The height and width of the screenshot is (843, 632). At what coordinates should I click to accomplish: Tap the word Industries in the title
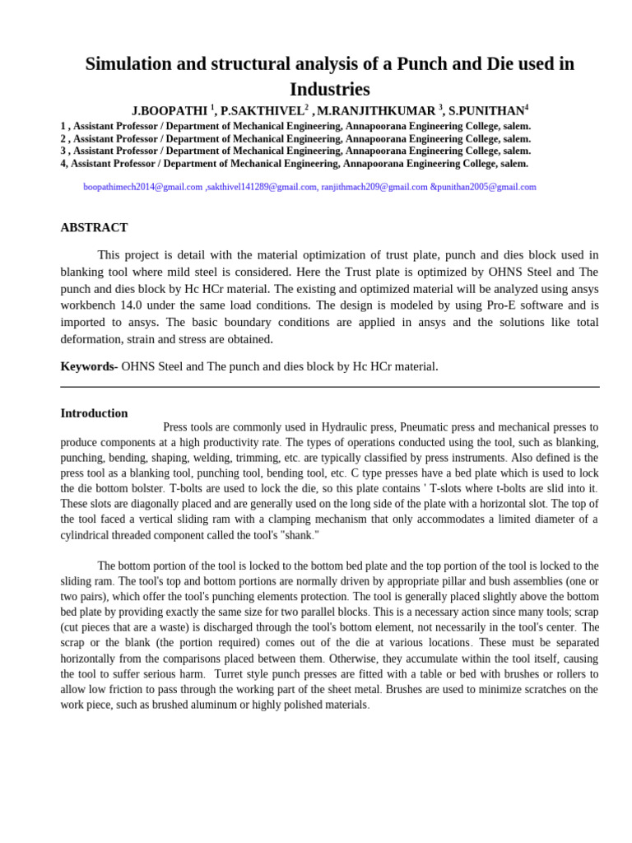(x=329, y=89)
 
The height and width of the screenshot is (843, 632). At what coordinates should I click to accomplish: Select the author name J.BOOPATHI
(x=170, y=111)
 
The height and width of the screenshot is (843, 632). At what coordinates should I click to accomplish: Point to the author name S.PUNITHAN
(x=486, y=111)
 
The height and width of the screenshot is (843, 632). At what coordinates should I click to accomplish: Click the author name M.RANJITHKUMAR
(x=376, y=111)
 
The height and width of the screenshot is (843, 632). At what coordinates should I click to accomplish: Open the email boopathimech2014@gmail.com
(x=142, y=187)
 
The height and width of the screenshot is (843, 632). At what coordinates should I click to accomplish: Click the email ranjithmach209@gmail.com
(x=374, y=187)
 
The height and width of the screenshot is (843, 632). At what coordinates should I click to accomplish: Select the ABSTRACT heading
(x=94, y=227)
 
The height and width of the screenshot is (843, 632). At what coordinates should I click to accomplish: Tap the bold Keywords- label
(x=89, y=366)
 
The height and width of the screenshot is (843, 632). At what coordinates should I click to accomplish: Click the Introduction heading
(x=94, y=413)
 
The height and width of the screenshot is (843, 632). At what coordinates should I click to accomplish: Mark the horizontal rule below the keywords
(x=329, y=387)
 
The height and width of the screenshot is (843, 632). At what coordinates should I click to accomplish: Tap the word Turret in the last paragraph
(x=230, y=674)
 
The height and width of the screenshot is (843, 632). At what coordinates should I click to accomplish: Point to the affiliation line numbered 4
(x=294, y=163)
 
